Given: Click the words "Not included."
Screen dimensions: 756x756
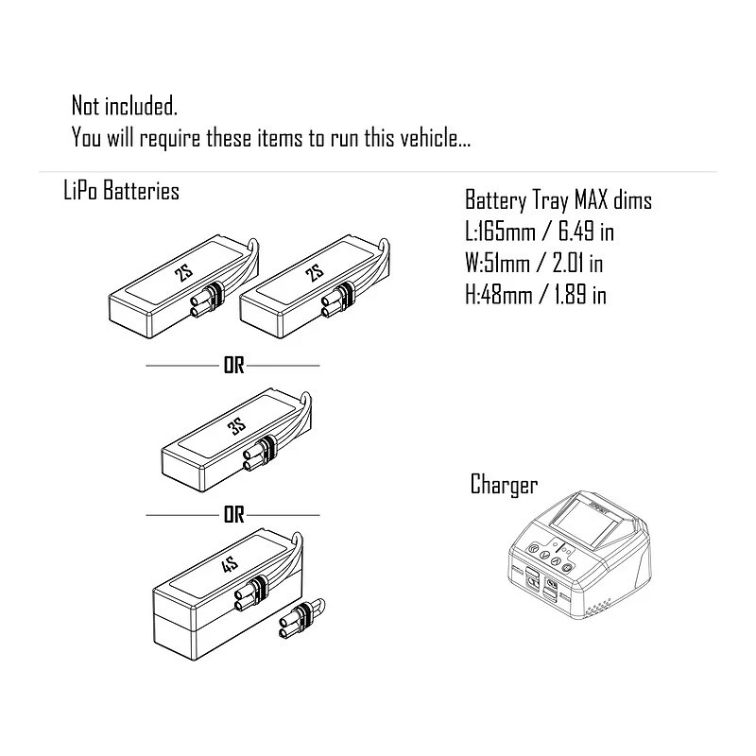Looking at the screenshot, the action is (x=125, y=106).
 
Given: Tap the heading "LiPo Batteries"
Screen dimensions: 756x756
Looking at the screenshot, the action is (x=122, y=191).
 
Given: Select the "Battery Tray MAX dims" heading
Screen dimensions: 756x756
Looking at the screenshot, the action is (x=558, y=200).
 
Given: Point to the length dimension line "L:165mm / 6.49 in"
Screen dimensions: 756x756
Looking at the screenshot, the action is (x=540, y=232).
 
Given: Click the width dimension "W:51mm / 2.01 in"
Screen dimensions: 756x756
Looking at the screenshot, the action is (x=534, y=264).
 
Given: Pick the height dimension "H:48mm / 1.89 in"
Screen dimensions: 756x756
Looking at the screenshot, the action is (x=536, y=295).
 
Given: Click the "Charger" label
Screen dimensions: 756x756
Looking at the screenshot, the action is (x=504, y=485).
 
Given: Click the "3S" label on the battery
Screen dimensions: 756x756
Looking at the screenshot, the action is (x=237, y=426).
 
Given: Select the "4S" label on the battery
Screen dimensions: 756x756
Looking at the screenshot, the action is (x=230, y=564).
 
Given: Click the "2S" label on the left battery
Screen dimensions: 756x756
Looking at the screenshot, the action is (x=183, y=274).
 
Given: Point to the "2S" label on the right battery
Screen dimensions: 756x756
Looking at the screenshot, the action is (x=315, y=273).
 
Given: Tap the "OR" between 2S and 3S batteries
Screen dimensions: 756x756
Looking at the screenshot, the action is (x=233, y=366).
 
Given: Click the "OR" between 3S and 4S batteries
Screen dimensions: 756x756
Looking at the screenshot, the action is (x=233, y=515).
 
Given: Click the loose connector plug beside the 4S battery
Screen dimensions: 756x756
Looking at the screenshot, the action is (x=301, y=619).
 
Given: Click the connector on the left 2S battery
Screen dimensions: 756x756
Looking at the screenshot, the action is (x=208, y=301).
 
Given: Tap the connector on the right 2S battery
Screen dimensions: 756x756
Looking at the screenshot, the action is (x=338, y=300).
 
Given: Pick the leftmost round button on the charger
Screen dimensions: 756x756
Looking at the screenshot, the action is (x=533, y=548).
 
